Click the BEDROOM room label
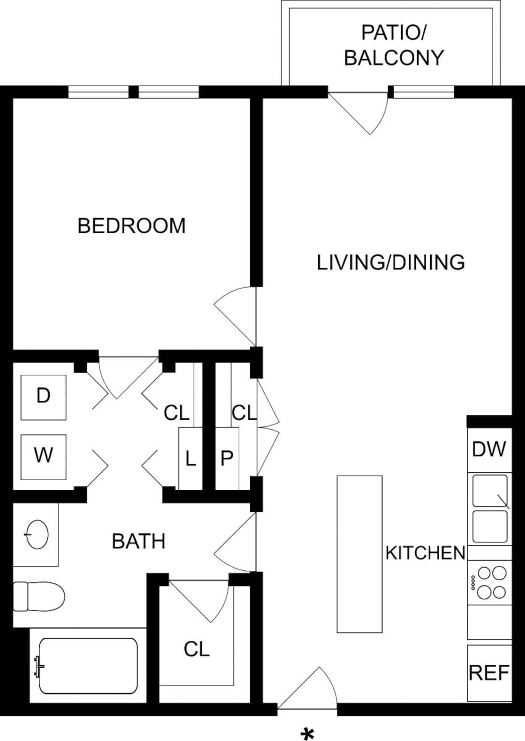click(x=132, y=225)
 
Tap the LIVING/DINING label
click(x=391, y=262)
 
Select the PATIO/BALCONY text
click(x=394, y=45)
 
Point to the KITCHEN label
click(x=426, y=553)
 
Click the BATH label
click(x=139, y=541)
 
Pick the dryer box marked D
click(x=43, y=397)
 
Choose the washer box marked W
click(x=43, y=457)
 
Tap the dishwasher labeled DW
click(x=489, y=450)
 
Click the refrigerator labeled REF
click(x=489, y=673)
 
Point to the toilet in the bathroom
click(x=38, y=596)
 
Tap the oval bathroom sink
click(x=37, y=534)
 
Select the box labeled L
click(x=190, y=459)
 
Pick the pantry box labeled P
click(x=227, y=459)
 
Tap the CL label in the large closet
click(x=197, y=649)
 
